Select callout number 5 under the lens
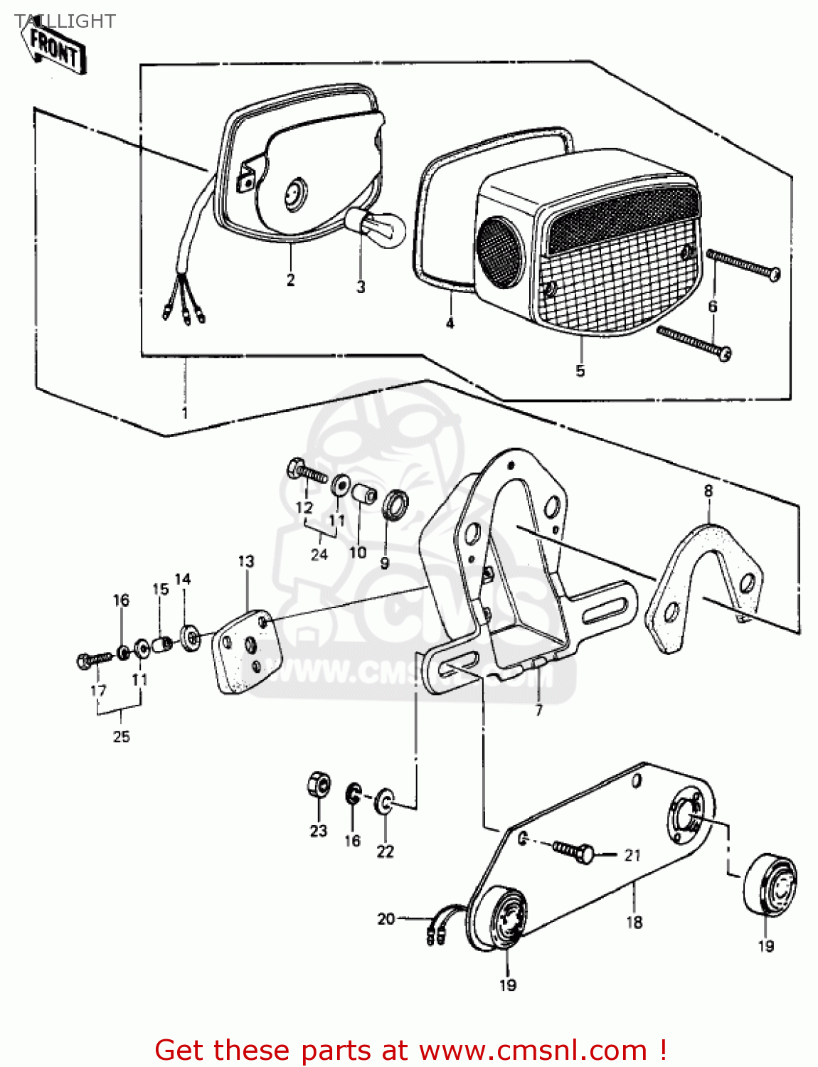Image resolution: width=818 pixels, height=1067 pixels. coord(580,371)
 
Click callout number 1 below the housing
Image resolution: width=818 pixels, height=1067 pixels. coord(185,413)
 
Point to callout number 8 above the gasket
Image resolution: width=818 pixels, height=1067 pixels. coord(708,491)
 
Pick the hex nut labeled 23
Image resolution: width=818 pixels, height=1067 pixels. coord(319,785)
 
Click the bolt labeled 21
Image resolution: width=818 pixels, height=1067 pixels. coord(574,850)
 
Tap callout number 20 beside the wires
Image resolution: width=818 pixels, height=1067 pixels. coord(386,919)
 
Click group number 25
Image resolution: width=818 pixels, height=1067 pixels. coord(122,736)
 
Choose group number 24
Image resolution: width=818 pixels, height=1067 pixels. coord(319,554)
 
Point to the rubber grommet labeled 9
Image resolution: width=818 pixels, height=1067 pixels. coord(394,505)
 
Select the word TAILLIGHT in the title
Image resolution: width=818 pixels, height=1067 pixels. coord(65,21)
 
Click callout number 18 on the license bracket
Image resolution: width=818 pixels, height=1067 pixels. coord(634,922)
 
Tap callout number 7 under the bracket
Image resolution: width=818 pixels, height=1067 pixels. coord(538,710)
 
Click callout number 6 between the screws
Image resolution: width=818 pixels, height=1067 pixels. coord(713,306)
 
